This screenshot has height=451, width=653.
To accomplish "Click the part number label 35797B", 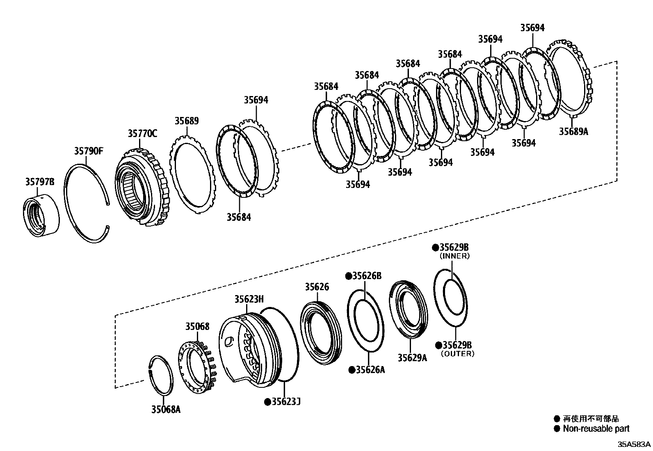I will click(x=39, y=181).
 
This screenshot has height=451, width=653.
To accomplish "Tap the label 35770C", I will click(x=142, y=133).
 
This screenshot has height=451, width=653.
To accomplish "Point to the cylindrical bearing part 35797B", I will click(x=40, y=217).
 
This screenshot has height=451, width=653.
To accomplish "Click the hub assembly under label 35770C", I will click(x=142, y=188).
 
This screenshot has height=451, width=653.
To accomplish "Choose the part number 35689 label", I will click(x=187, y=121).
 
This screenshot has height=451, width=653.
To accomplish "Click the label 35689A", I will click(x=573, y=131).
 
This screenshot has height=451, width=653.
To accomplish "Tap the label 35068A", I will click(x=166, y=409).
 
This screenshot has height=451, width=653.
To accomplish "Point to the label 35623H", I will click(x=249, y=299).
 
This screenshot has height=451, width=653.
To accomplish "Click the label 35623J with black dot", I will click(x=283, y=401).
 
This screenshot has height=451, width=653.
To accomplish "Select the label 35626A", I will click(x=367, y=370).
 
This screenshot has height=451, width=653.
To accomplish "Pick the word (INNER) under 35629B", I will click(x=454, y=256).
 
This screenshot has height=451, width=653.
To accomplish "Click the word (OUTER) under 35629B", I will click(x=457, y=353).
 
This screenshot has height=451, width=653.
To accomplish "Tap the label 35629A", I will click(x=412, y=357).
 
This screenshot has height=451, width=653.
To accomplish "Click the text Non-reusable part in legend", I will click(x=596, y=429).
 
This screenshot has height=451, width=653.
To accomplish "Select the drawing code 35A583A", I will click(x=635, y=444).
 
